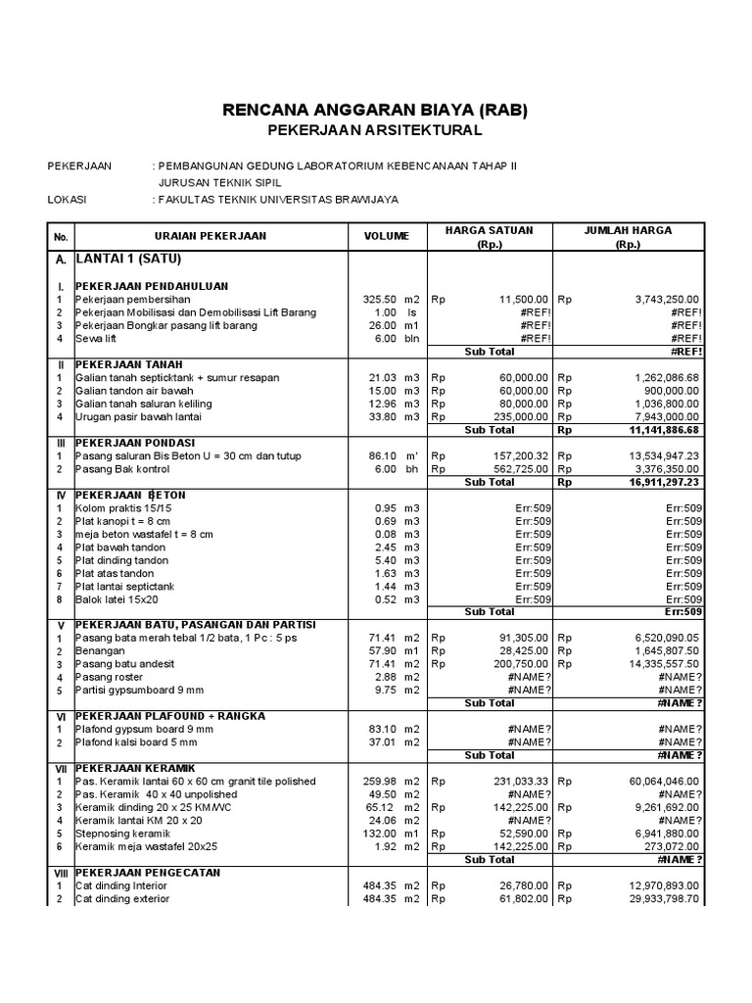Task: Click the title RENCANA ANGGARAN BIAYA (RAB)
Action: [375, 110]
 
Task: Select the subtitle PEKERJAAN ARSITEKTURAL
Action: [375, 130]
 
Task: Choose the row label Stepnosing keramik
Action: [119, 833]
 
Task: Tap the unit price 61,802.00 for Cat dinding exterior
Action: [517, 898]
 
